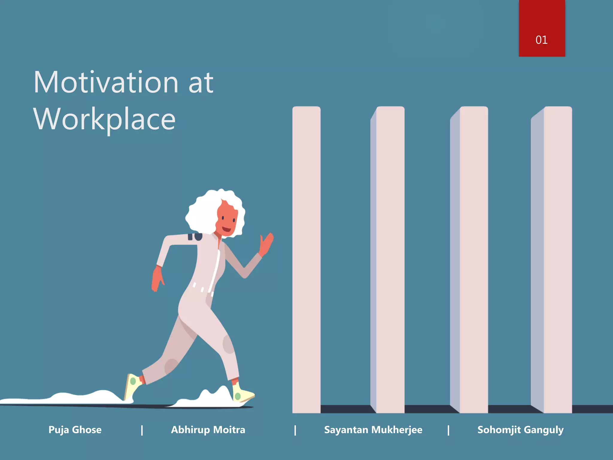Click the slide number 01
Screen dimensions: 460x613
point(541,40)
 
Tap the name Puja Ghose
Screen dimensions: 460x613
point(75,430)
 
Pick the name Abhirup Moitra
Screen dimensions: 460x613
point(208,430)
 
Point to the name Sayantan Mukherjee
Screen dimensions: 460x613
point(373,430)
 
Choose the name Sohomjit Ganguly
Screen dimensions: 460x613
point(520,430)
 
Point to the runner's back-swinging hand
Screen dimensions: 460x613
point(157,279)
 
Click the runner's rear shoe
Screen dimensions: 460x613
point(132,386)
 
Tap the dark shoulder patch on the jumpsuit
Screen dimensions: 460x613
point(195,237)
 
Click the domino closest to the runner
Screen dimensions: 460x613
point(306,258)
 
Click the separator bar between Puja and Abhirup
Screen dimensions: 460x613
point(142,430)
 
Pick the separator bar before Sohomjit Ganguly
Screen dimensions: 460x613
point(448,430)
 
